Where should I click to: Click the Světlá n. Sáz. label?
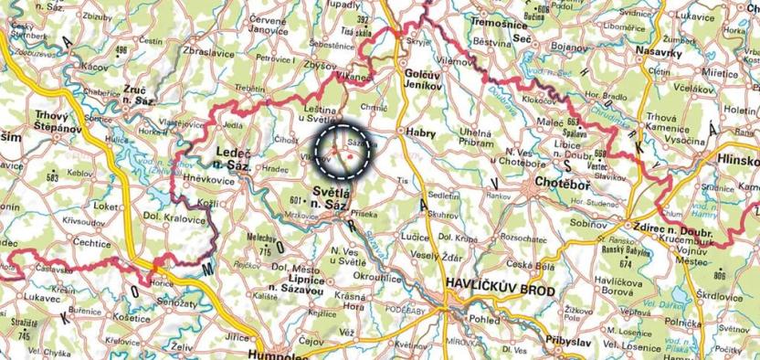(338, 198)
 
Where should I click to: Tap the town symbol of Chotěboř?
(535, 188)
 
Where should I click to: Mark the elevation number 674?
(627, 263)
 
